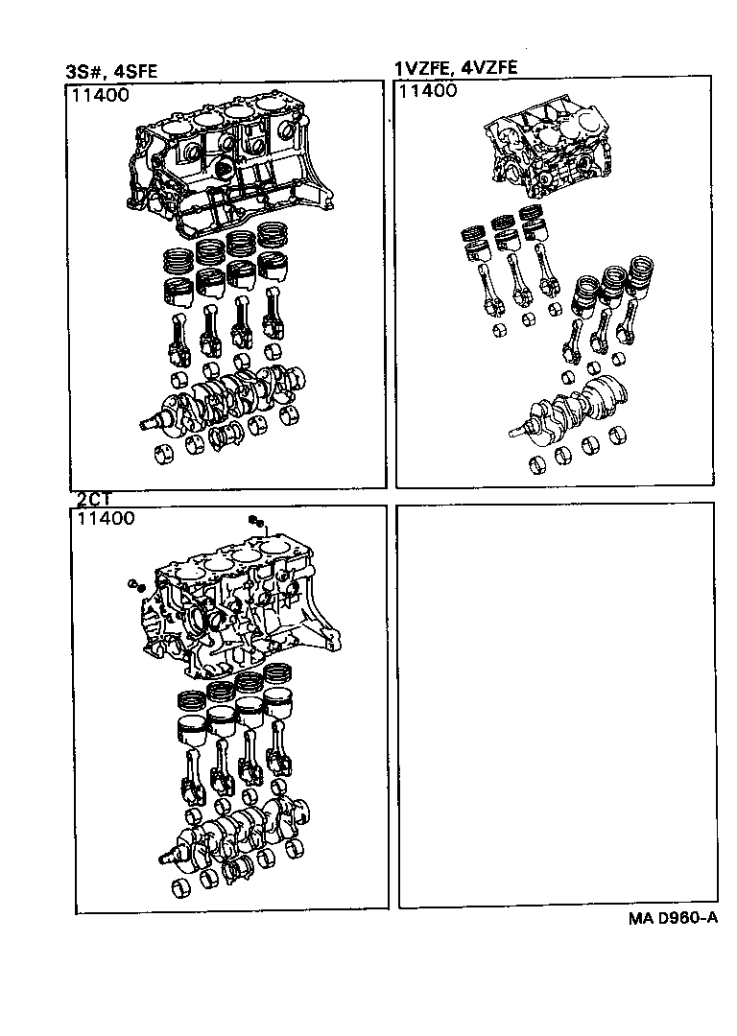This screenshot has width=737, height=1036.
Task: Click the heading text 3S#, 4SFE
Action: pos(112,71)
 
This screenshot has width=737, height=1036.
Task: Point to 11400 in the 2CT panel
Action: pos(105,519)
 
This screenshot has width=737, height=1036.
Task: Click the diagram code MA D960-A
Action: pos(673,918)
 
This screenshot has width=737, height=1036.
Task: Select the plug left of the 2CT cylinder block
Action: pos(133,584)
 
